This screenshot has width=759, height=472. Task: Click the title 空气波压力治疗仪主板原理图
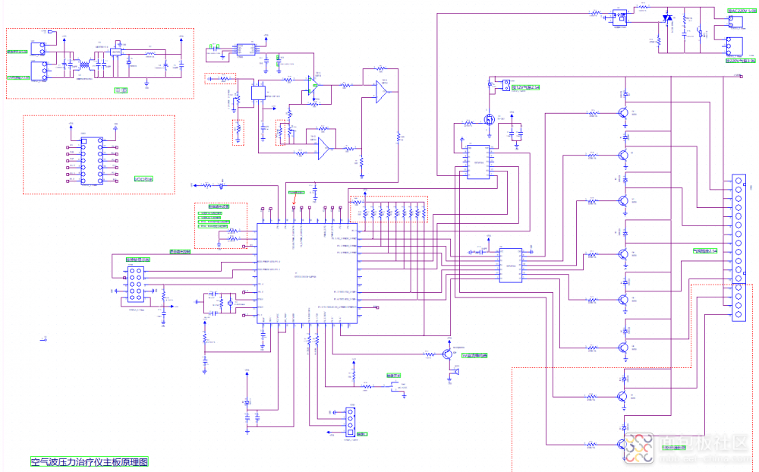[89, 461]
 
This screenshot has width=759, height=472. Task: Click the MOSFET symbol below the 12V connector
[490, 120]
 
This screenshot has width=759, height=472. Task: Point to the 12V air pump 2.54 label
[524, 88]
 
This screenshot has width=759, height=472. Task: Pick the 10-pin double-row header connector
[137, 283]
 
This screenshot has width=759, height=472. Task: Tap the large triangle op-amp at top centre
[381, 92]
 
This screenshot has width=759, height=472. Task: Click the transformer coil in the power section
[83, 68]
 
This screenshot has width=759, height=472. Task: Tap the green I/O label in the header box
[143, 179]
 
